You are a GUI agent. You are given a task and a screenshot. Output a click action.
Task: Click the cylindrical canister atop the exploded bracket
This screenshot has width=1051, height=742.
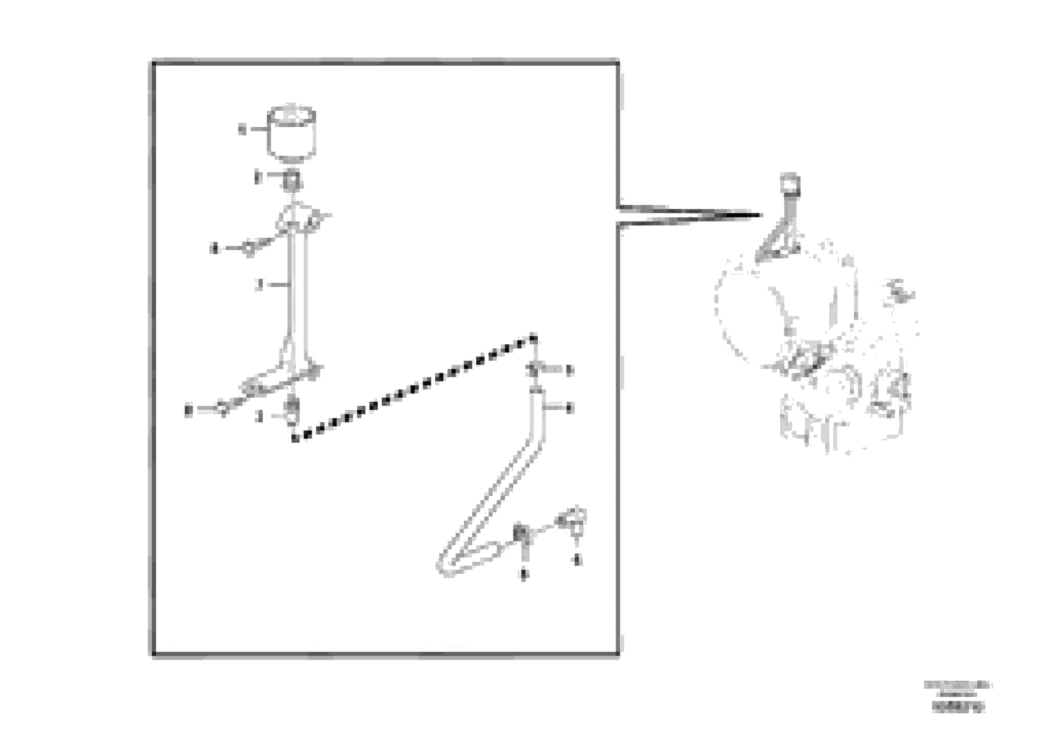[292, 134]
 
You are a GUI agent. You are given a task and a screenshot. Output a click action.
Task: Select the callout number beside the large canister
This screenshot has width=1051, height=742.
[242, 129]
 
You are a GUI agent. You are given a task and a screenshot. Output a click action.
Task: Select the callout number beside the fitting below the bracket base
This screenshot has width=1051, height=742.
[259, 416]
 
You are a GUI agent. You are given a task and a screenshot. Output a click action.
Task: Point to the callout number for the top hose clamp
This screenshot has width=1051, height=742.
[569, 370]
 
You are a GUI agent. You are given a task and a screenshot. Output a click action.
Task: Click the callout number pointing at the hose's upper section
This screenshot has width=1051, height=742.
[569, 407]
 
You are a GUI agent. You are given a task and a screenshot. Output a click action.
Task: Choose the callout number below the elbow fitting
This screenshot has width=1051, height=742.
[577, 560]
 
